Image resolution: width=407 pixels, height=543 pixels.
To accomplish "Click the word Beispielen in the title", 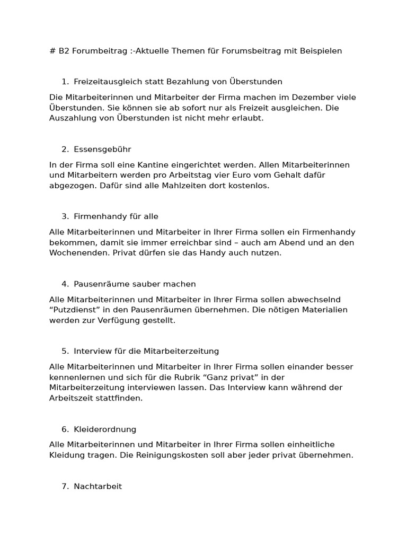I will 321,51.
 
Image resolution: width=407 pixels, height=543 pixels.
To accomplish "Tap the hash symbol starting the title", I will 52,51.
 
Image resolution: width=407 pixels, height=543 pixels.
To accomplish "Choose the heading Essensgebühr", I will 102,150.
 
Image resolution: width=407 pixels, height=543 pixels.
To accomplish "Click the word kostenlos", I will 250,186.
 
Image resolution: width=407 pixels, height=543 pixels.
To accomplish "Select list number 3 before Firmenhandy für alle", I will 65,216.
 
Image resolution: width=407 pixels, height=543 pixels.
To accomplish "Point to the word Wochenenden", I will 79,253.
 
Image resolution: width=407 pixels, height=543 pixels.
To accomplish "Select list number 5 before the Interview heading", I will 65,351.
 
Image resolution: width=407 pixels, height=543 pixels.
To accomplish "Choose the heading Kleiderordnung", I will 105,429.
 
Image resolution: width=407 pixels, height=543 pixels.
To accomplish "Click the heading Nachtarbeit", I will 98,486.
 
